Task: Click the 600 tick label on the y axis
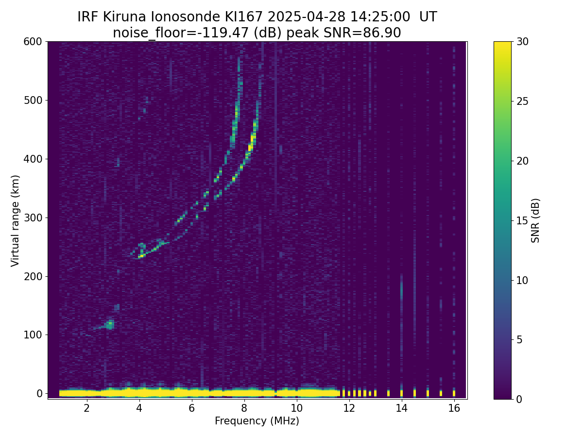[33, 42]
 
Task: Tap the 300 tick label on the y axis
[33, 218]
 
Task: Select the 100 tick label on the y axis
[33, 335]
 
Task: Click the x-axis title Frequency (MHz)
[257, 421]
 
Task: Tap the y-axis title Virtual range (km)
[16, 220]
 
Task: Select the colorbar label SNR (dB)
[535, 220]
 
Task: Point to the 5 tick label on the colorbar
[519, 339]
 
